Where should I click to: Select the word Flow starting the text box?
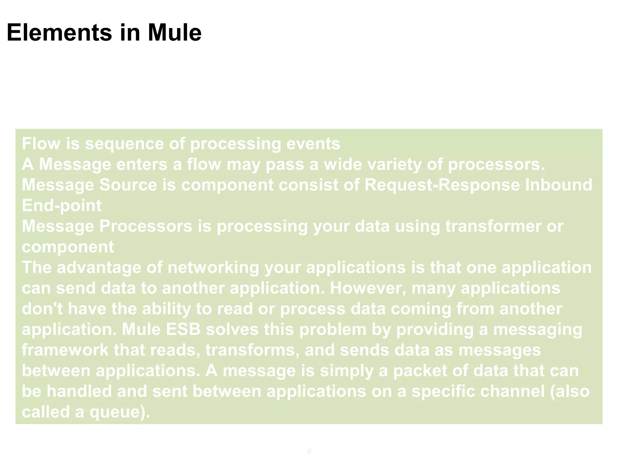[41, 143]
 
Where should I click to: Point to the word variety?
[394, 164]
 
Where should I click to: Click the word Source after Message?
[128, 185]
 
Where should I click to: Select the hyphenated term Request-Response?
[442, 185]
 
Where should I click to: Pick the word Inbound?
[559, 185]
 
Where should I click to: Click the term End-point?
[62, 206]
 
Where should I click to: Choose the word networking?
[213, 268]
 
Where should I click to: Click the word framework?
[65, 350]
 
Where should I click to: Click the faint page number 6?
[309, 452]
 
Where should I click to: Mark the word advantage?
[99, 268]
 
